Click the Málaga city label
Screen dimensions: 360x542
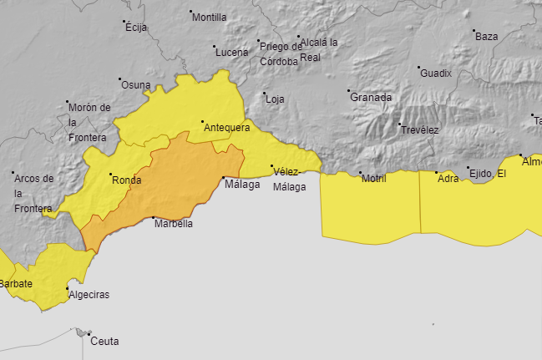coord(242,185)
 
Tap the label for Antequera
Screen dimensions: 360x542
coord(226,128)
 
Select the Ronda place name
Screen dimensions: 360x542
coord(126,180)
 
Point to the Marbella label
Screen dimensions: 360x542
coord(174,224)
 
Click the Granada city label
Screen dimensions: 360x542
coord(371,97)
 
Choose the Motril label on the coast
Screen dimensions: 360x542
coord(374,178)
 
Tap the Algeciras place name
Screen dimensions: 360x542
coord(89,295)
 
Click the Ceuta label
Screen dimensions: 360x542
coord(104,341)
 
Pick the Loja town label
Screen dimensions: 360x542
coord(275,99)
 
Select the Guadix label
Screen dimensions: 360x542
coord(436,73)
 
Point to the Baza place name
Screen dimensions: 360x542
coord(486,36)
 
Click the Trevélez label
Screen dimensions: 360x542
coord(419,129)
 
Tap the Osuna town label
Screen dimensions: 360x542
coord(136,84)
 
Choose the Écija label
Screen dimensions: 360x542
coord(136,28)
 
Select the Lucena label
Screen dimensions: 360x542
coord(231,52)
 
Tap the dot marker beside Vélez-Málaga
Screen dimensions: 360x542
coord(272,168)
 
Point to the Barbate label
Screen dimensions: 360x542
coord(16,284)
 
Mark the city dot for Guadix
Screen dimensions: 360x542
coord(419,68)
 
